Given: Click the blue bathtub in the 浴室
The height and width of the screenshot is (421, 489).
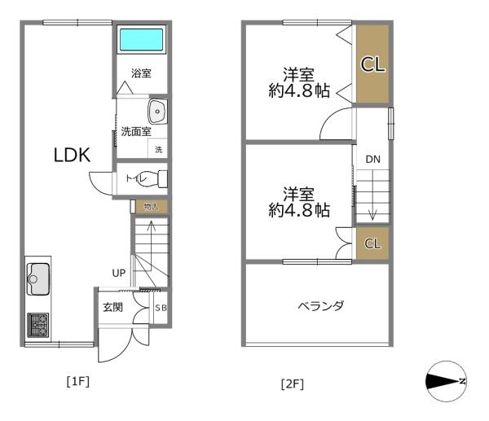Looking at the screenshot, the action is pos(141,40).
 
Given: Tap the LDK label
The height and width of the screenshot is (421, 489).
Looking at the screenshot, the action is pos(72,155).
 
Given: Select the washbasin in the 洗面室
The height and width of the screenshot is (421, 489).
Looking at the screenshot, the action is pos(157,112).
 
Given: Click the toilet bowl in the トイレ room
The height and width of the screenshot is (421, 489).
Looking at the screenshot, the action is pos(152,178).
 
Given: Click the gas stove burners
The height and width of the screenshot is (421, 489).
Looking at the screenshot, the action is pos(38,326).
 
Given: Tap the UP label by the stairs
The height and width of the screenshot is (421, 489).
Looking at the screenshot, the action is pos(119,273).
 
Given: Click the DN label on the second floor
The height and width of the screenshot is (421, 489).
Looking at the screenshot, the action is pos(372,160).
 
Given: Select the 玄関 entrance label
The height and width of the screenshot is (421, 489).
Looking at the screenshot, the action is pos(113,308).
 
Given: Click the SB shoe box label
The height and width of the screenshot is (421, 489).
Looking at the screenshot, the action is pos(161,308).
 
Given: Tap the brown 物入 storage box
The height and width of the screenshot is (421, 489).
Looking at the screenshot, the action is pos(152,207).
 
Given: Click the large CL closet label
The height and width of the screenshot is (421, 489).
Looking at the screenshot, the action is pos(372,64).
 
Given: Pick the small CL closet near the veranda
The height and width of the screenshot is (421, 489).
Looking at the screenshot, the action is pos(372,243).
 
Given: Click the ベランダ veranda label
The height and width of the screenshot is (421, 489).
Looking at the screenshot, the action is pos(321,305).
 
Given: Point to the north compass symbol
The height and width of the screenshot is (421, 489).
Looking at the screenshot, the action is pos(447,381).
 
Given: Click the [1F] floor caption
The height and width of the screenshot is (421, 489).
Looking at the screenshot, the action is pos(78,381).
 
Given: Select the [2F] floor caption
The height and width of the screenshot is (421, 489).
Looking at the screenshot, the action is pos(293,384).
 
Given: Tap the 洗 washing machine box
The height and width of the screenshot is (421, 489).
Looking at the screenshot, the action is pos(158,150).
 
